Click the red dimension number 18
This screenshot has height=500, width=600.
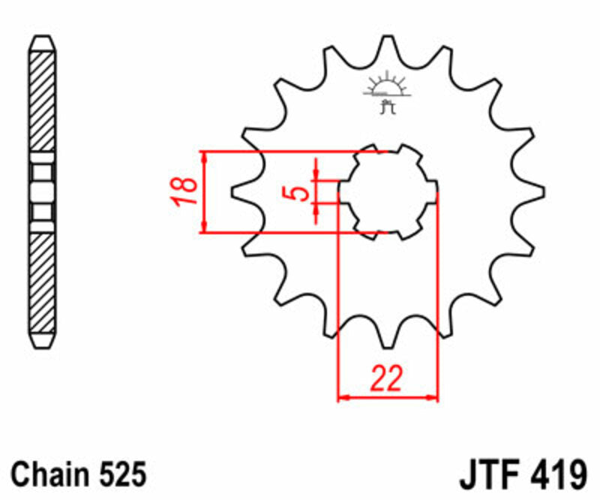click(x=185, y=191)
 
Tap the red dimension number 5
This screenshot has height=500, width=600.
click(x=298, y=192)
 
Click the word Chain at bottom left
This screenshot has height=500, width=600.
click(x=49, y=474)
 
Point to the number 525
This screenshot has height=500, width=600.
click(x=121, y=474)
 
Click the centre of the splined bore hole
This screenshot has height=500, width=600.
click(x=388, y=192)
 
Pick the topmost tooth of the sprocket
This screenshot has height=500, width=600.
click(x=388, y=47)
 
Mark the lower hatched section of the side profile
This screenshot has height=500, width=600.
click(x=42, y=285)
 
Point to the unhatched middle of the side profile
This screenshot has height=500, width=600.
click(x=42, y=192)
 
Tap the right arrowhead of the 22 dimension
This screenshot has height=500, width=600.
click(x=433, y=396)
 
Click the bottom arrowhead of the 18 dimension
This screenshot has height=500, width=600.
click(x=205, y=227)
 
